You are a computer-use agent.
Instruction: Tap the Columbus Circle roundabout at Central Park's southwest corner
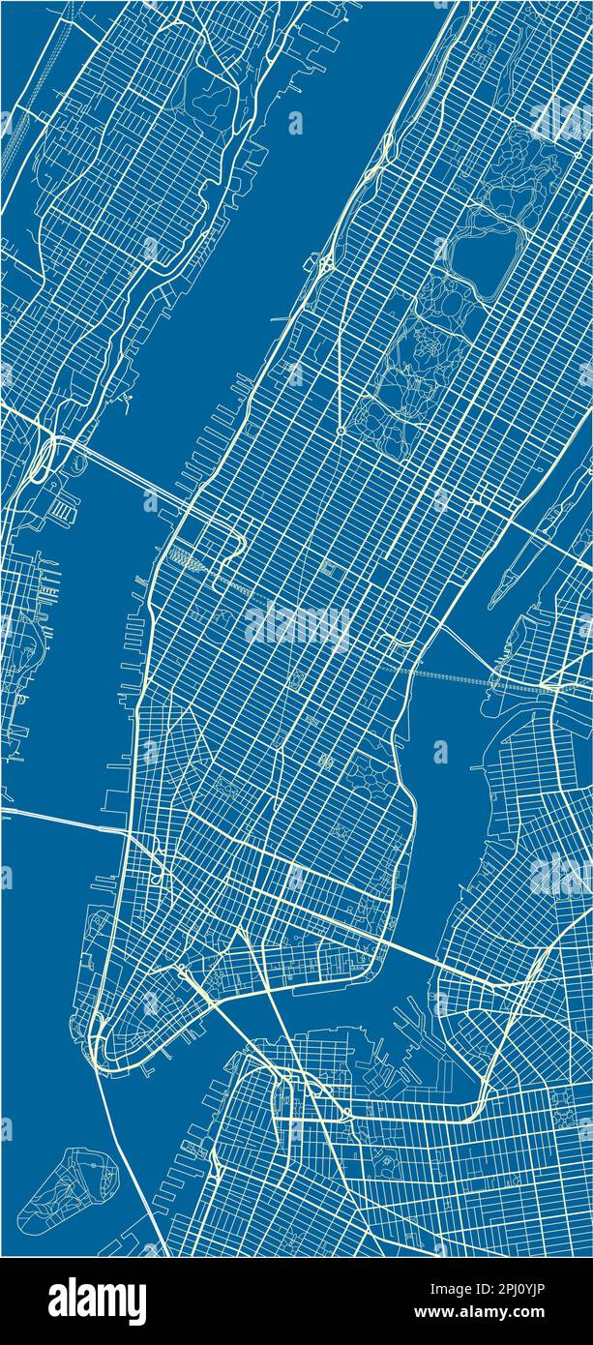[x=341, y=431]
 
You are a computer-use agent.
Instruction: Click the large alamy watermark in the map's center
[x=297, y=626]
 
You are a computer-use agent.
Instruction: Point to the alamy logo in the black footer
[x=98, y=1300]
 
